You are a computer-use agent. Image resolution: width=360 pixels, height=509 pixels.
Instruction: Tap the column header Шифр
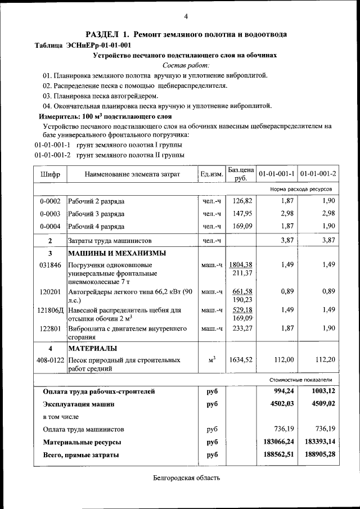[50, 174]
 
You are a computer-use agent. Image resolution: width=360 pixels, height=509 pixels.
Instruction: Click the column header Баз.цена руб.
[241, 174]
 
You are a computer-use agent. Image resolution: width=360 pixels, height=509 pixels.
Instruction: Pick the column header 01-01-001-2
[318, 174]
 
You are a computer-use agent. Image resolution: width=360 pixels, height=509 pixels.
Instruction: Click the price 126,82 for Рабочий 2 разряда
[241, 201]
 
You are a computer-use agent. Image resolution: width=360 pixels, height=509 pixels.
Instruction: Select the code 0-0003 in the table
[50, 214]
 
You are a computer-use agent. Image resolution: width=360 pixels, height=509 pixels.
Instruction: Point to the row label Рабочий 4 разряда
[96, 227]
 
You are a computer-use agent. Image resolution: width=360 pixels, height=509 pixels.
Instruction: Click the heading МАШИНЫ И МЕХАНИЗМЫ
[117, 253]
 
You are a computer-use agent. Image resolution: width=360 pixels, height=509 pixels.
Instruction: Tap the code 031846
[50, 265]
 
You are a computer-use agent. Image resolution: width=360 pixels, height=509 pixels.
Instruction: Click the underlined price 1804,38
[241, 265]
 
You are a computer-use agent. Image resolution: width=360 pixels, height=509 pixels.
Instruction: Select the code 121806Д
[51, 310]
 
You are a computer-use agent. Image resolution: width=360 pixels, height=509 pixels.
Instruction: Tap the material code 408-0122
[50, 360]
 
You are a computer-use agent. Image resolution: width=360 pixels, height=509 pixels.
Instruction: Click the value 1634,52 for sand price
[241, 360]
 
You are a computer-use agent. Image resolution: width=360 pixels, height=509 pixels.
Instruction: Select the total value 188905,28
[318, 454]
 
